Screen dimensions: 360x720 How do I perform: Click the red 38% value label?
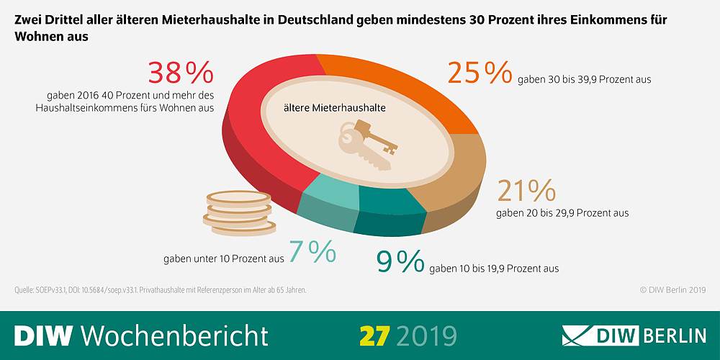(x=181, y=73)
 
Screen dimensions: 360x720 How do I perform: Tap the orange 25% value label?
(x=479, y=73)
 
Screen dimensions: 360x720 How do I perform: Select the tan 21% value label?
(x=526, y=191)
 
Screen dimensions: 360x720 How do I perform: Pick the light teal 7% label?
(x=312, y=251)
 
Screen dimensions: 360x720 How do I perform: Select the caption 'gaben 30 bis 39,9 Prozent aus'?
(x=584, y=79)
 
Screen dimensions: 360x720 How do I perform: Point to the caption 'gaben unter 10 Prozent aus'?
(x=224, y=257)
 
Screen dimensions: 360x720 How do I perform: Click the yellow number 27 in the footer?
(x=374, y=335)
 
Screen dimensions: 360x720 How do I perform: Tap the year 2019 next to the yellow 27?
(x=426, y=335)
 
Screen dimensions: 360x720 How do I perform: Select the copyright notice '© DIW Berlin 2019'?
(x=672, y=290)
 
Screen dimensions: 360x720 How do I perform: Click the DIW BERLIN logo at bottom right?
(x=634, y=336)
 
